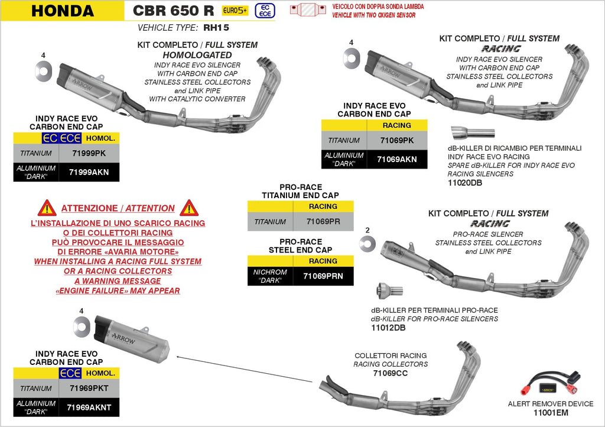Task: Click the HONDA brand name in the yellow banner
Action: (x=63, y=11)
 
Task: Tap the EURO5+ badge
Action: (x=235, y=11)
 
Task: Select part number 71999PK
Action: (x=89, y=153)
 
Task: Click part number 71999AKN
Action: (x=89, y=172)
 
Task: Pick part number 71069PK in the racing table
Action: (x=396, y=141)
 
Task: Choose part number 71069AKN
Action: (x=396, y=160)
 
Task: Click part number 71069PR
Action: (x=323, y=222)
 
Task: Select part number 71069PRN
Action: (x=323, y=276)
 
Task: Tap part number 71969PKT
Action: (x=89, y=389)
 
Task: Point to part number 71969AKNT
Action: (x=89, y=407)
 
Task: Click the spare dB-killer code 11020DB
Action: (x=465, y=183)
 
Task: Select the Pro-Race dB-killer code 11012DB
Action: (x=388, y=328)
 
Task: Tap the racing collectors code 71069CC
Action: (x=390, y=373)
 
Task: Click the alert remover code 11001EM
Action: (x=551, y=413)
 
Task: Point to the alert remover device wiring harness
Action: (x=550, y=383)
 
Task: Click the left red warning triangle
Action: (x=47, y=208)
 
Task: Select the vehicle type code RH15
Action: (x=216, y=28)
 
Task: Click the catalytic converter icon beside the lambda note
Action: (x=308, y=9)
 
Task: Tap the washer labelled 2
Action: (x=367, y=244)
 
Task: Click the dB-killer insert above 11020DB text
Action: (x=473, y=133)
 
